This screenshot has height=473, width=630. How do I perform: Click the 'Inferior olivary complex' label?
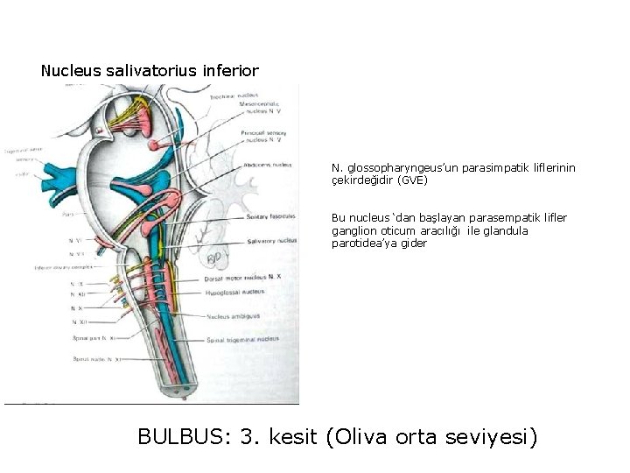click(66, 268)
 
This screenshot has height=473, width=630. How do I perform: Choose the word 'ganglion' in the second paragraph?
click(352, 231)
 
